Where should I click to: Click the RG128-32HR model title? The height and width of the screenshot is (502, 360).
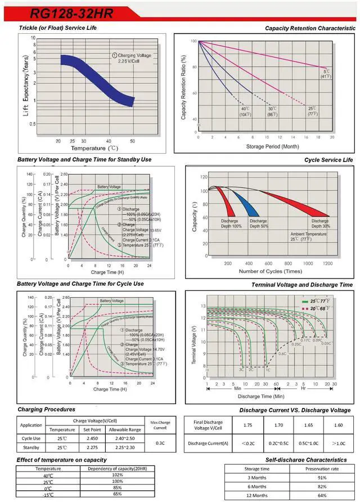pos(64,12)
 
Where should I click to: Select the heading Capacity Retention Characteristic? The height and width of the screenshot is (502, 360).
pos(310,28)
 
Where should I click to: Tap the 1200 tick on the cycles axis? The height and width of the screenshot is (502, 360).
pos(327,263)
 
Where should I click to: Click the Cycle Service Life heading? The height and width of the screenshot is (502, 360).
pos(329,160)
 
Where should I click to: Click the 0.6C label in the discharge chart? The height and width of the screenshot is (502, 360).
pos(282,353)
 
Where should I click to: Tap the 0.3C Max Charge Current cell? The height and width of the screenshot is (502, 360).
pos(161,442)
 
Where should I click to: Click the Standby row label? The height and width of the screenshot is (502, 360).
pos(31,447)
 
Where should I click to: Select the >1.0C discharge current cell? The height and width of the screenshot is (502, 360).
pos(338,443)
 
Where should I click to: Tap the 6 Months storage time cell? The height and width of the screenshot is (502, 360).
pos(256,486)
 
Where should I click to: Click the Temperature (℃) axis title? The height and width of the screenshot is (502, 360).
pos(94,148)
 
